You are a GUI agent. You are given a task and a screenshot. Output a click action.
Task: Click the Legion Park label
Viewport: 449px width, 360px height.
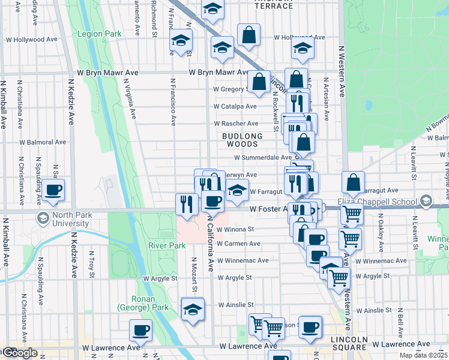tap(99, 34)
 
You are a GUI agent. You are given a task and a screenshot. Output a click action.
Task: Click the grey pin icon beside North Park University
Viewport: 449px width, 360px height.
tap(43, 217)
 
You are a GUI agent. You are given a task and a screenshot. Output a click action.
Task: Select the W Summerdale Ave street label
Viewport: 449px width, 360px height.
tap(262, 157)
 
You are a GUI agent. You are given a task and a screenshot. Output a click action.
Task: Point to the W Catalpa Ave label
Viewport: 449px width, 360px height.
tap(236, 106)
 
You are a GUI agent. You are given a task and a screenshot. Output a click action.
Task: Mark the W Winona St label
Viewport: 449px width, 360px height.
tap(236, 229)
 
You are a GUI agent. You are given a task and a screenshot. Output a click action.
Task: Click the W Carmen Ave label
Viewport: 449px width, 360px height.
tap(238, 244)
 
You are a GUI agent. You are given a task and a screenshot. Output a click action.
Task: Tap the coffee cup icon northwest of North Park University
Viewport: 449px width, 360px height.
tap(53, 191)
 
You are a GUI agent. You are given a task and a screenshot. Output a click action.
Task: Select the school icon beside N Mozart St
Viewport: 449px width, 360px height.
tap(193, 310)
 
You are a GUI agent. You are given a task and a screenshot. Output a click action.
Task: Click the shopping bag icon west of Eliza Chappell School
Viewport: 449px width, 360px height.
tap(354, 183)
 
